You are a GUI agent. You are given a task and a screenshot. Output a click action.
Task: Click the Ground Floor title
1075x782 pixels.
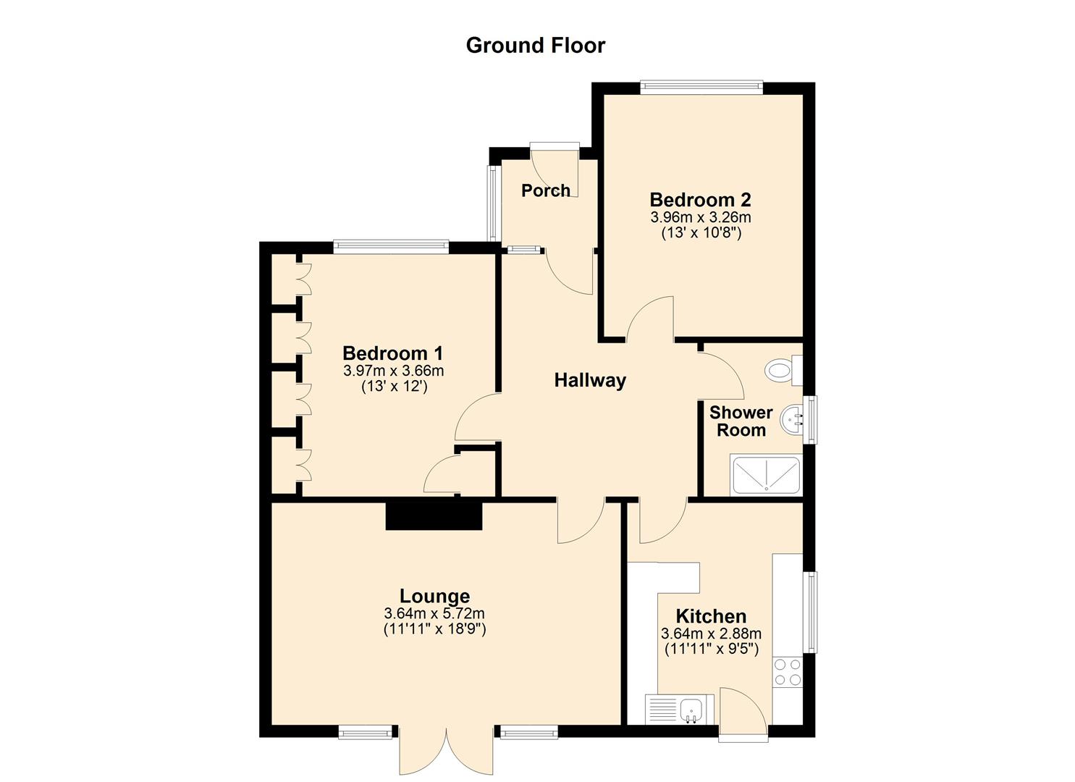[535, 46]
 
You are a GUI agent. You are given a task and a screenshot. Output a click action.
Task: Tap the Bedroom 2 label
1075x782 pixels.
[700, 199]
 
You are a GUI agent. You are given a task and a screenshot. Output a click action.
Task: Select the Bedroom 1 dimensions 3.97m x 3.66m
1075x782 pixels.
[394, 371]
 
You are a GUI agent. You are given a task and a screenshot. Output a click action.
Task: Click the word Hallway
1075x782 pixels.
[590, 380]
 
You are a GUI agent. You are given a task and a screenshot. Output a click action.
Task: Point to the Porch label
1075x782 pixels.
[546, 190]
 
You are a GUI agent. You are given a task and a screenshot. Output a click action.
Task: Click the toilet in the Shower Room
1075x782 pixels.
[785, 370]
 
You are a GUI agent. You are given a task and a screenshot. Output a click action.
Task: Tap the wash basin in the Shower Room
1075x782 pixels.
[793, 420]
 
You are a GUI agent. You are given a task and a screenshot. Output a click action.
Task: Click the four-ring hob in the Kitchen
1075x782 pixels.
[788, 672]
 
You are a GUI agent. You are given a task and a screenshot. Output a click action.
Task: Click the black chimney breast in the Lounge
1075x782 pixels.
[434, 516]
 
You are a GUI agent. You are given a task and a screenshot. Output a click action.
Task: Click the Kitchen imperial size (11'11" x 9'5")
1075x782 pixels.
[711, 649]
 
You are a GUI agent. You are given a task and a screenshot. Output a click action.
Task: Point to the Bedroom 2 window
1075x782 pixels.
[701, 87]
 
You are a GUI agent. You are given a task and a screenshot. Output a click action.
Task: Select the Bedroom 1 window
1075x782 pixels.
[391, 247]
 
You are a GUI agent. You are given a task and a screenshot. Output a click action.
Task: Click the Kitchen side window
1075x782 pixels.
[810, 612]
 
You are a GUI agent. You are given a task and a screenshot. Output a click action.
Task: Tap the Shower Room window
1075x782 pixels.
[810, 419]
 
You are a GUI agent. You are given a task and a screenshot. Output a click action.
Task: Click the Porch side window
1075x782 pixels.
[493, 203]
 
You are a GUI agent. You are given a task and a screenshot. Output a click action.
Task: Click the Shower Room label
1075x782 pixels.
[741, 421]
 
